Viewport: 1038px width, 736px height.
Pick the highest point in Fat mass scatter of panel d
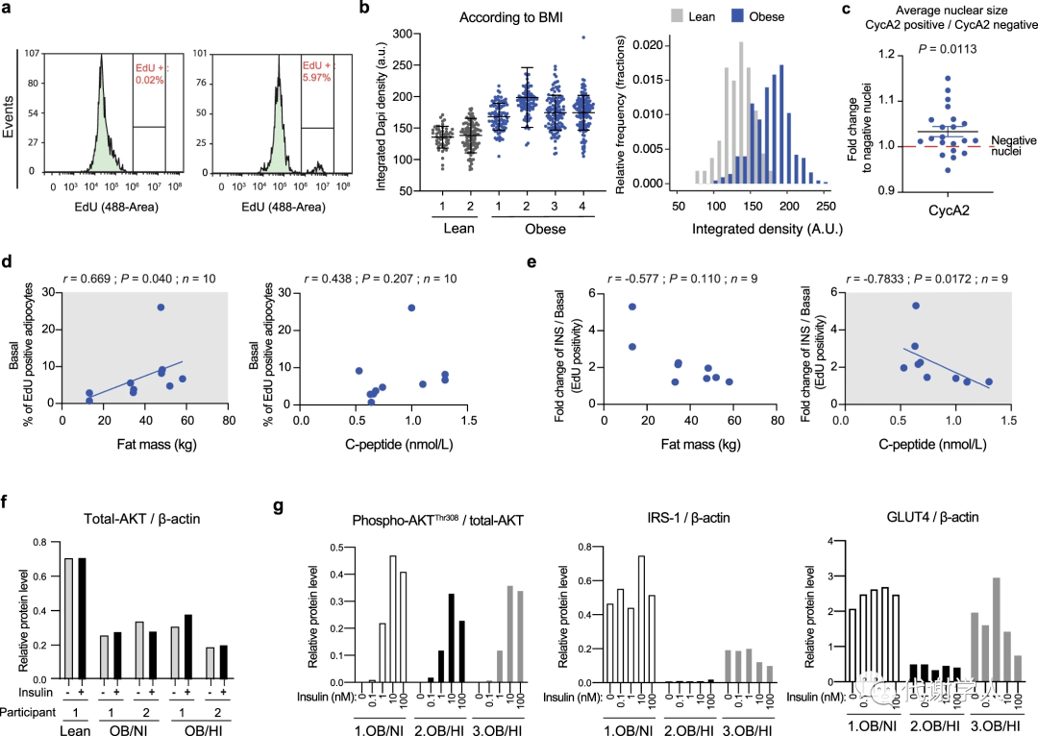point(161,307)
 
